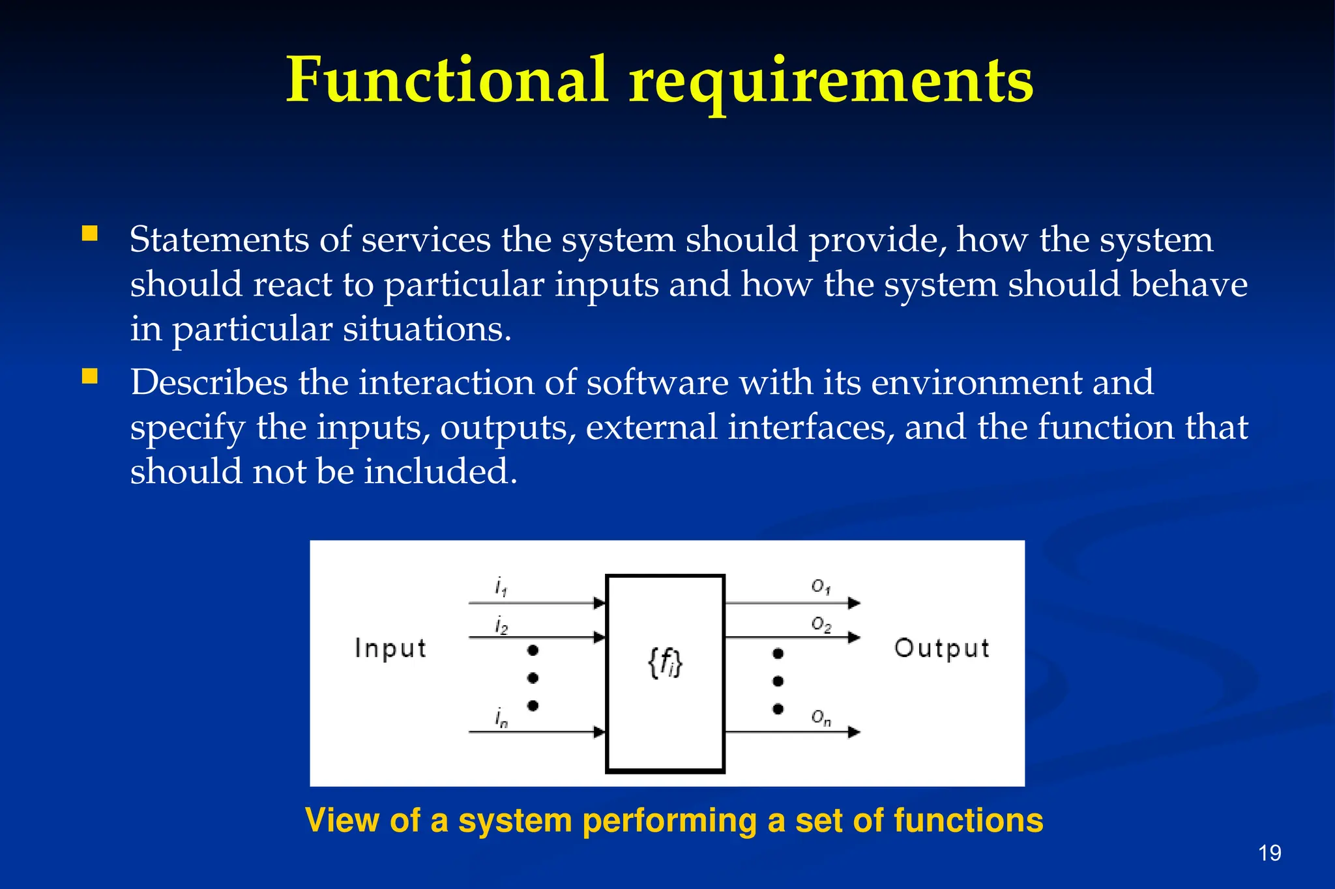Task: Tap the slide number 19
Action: [1270, 853]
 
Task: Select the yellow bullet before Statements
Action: [90, 234]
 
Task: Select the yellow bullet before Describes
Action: [90, 376]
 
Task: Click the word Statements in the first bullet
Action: [219, 240]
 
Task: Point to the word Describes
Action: [209, 382]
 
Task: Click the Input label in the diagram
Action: [390, 649]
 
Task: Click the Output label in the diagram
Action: [942, 648]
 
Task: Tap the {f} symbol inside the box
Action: [665, 664]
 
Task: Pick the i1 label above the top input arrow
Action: [501, 587]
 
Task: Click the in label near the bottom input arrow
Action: [501, 718]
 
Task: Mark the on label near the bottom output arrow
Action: [821, 718]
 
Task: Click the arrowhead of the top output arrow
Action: [854, 603]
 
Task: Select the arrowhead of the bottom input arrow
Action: [599, 733]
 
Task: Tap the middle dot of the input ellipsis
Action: [533, 678]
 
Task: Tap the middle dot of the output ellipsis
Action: [778, 681]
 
